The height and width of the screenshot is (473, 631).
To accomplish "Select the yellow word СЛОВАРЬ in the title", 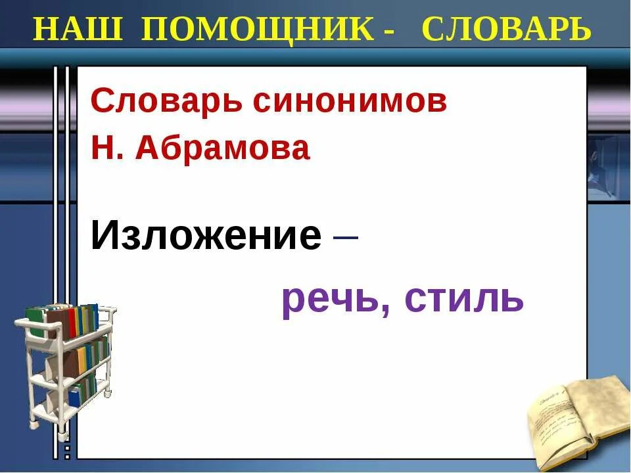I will point(506,30).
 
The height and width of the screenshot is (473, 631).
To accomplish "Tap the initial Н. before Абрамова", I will point(106,150).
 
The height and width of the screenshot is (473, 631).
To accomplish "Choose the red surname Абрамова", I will point(222,150).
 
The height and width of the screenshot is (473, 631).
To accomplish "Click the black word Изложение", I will point(206,235).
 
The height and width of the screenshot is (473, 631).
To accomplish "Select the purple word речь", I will point(332,300).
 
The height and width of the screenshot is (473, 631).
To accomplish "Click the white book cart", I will point(66,368).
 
